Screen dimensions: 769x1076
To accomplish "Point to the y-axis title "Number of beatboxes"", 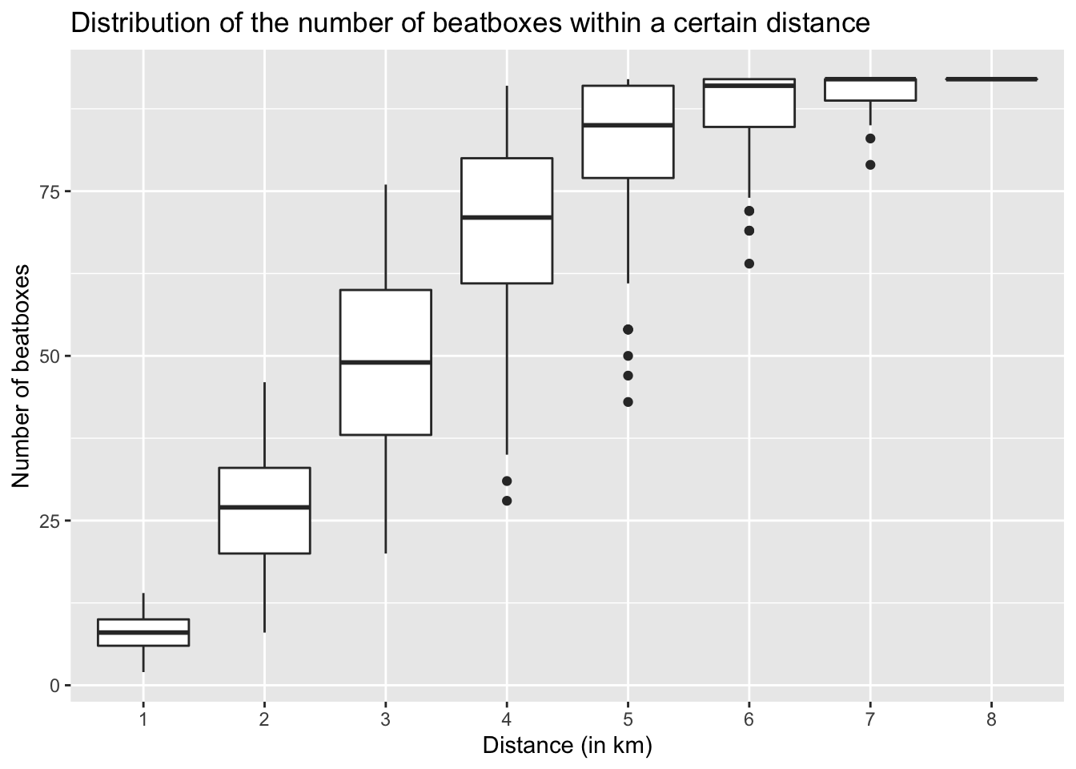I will [22, 375].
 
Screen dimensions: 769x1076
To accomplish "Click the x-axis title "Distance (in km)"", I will [567, 746].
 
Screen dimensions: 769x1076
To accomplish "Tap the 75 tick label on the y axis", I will [51, 191].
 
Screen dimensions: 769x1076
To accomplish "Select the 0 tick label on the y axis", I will [55, 686].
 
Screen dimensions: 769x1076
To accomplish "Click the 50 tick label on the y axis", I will [51, 356].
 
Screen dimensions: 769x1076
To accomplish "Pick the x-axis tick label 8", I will [991, 720].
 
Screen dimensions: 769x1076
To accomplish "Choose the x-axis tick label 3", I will [386, 720].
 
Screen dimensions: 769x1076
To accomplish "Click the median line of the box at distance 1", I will [143, 632].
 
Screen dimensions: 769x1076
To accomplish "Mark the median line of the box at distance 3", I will [386, 362].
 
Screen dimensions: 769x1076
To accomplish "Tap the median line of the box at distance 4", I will [507, 217].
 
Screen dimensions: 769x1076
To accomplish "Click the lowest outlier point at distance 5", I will [628, 402].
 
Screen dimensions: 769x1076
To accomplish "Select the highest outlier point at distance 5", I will [628, 329].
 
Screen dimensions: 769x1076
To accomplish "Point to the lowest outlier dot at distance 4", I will [507, 501].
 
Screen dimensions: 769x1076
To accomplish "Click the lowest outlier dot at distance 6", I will [749, 264].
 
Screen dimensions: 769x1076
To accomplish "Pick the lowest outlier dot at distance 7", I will [870, 165].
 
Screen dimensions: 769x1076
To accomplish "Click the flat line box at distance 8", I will [991, 79].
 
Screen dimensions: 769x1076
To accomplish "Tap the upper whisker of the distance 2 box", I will [265, 425].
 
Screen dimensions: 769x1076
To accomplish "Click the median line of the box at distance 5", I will [628, 125].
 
